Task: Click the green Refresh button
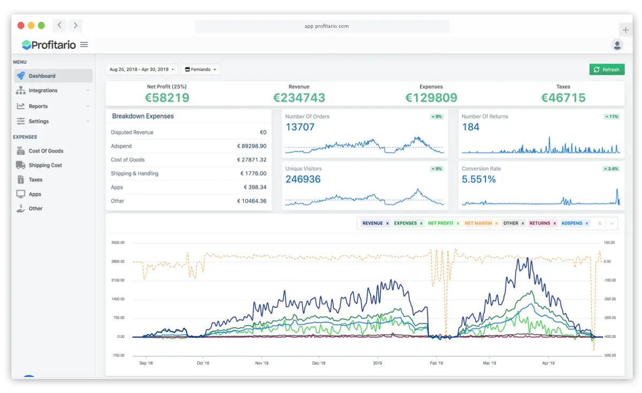[x=607, y=70]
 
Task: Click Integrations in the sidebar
[x=43, y=90]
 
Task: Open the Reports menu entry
[x=38, y=106]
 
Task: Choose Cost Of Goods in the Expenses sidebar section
[x=45, y=151]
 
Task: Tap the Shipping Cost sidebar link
[x=45, y=165]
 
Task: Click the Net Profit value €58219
[x=167, y=97]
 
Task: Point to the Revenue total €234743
[x=299, y=97]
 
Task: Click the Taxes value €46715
[x=563, y=97]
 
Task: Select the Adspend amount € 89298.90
[x=251, y=146]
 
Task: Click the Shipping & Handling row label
[x=134, y=173]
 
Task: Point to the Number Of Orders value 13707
[x=300, y=127]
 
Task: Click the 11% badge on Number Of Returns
[x=611, y=116]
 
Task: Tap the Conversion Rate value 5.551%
[x=478, y=179]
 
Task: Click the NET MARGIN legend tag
[x=478, y=223]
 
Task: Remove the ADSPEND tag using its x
[x=587, y=223]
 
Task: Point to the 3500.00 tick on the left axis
[x=118, y=243]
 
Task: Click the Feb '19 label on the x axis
[x=437, y=363]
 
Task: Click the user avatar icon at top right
[x=617, y=45]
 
